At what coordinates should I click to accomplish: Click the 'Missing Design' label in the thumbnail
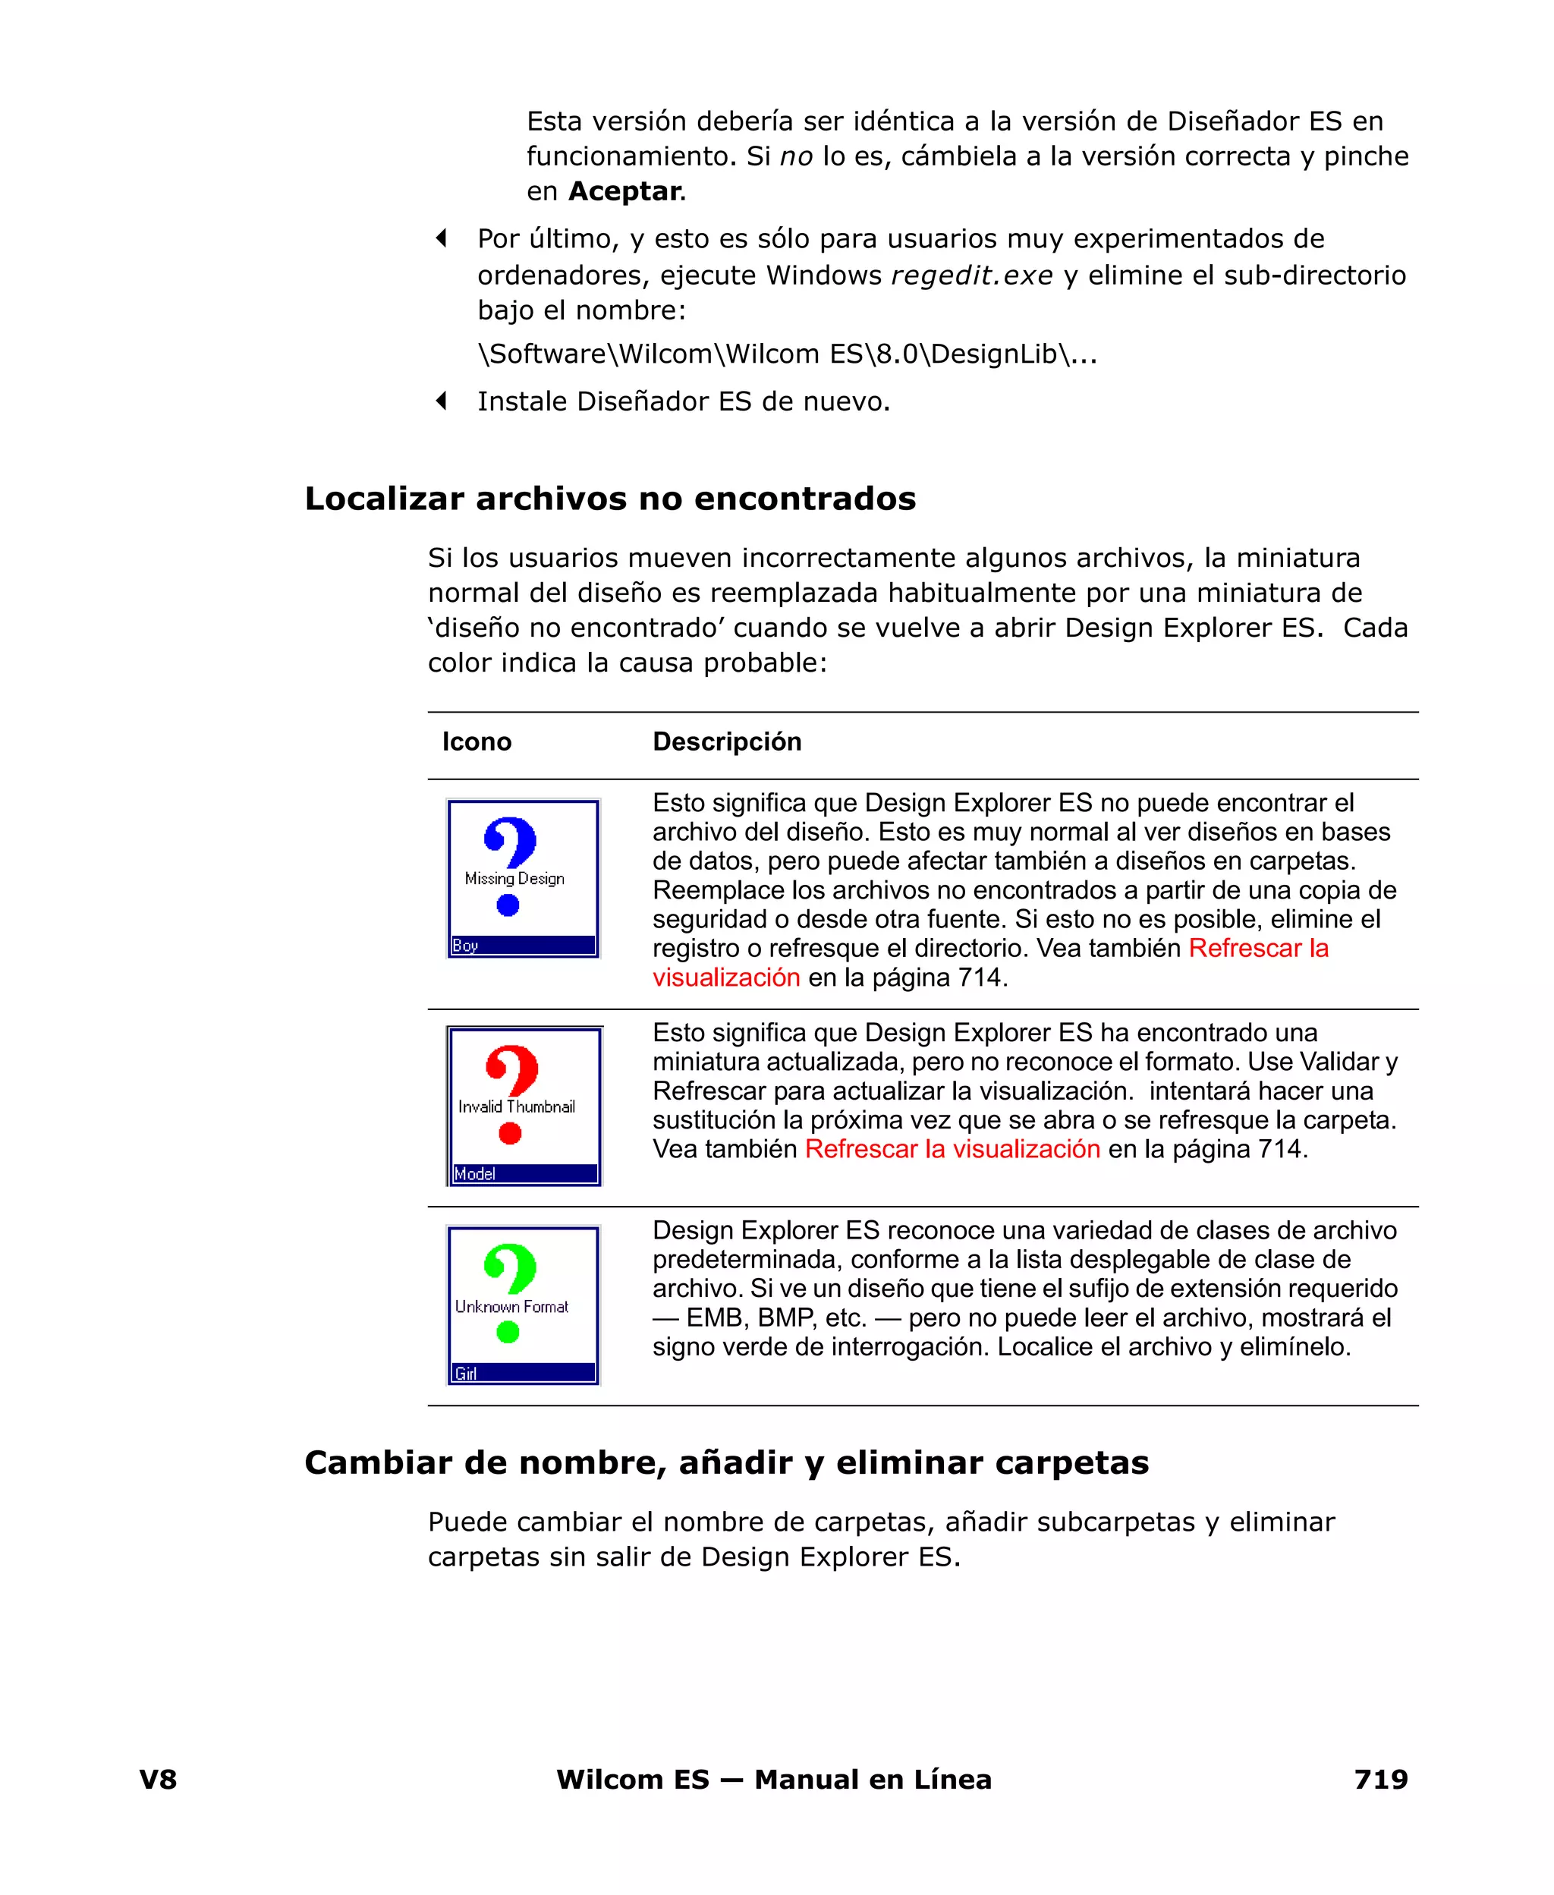(514, 878)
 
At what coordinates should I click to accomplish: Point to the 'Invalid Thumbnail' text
(517, 1106)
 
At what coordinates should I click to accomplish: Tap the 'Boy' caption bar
(523, 946)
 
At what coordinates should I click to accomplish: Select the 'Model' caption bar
(524, 1173)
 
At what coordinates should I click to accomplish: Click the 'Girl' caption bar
(523, 1373)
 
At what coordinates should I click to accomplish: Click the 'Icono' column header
(477, 741)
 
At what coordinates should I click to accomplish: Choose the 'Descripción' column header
(727, 741)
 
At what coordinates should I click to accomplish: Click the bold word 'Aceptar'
(624, 190)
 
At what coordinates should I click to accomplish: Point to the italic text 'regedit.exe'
(971, 275)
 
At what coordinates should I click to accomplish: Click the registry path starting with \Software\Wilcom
(788, 354)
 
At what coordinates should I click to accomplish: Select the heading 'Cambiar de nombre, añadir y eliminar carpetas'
(726, 1462)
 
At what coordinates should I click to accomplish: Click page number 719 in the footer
(1380, 1780)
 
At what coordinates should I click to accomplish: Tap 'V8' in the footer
(159, 1780)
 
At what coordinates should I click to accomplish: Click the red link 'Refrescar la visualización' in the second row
(952, 1148)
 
